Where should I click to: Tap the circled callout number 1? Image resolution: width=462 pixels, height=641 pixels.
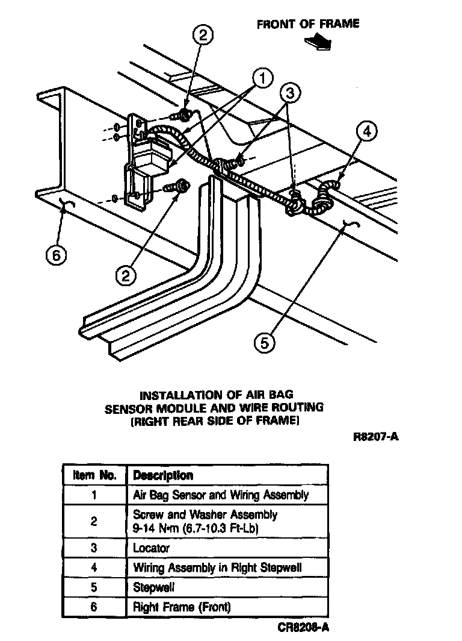[x=262, y=78]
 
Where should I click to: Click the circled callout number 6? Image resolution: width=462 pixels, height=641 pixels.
[x=56, y=255]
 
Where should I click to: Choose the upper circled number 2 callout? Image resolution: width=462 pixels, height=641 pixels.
[x=202, y=36]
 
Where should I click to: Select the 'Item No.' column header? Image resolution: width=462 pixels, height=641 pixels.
[x=94, y=475]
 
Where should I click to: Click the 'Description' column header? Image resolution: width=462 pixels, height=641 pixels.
[x=163, y=475]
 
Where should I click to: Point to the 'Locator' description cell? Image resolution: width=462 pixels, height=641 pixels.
[x=151, y=548]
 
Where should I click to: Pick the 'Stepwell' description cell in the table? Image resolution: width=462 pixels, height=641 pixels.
[x=153, y=587]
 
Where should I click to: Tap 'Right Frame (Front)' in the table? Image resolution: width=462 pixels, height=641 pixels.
[x=181, y=607]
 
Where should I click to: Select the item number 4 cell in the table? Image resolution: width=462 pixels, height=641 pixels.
[x=94, y=568]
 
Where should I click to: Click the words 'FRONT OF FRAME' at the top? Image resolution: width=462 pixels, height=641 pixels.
[x=307, y=24]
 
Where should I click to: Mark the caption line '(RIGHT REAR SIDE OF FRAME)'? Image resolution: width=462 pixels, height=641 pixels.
[x=215, y=421]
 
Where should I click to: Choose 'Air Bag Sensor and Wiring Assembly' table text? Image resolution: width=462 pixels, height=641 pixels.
[x=220, y=495]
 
